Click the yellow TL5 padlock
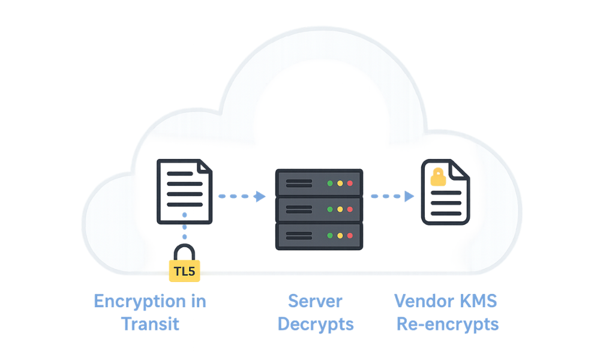coord(184,268)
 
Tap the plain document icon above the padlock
coord(184,191)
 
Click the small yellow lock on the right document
coord(439,177)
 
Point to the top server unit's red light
coord(350,182)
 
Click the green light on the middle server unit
coord(330,209)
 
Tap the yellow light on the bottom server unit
coord(340,236)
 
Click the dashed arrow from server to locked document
coord(392,196)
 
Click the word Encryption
coord(139,301)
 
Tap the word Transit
coord(150,324)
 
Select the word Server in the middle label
coord(316,301)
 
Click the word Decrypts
coord(316,324)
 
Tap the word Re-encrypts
coord(448,324)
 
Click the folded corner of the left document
coord(205,167)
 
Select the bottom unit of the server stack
coord(319,236)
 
